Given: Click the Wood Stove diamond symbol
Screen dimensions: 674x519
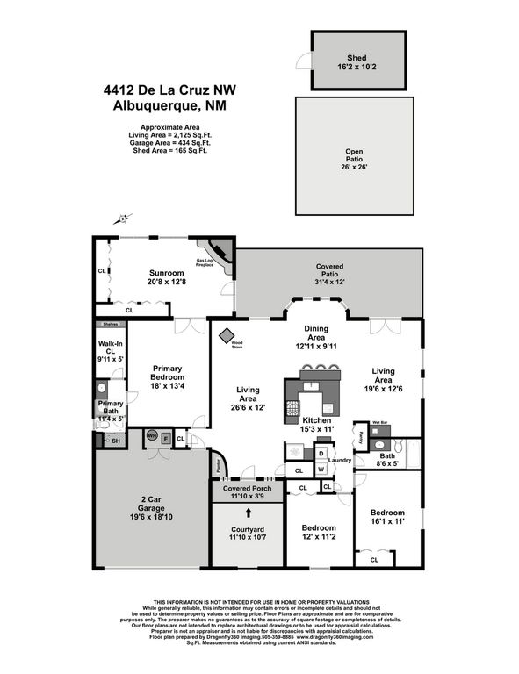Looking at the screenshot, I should (x=227, y=334).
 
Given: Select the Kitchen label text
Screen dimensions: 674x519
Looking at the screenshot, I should (x=319, y=423).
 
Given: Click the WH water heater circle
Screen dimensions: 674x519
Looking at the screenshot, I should (x=151, y=435).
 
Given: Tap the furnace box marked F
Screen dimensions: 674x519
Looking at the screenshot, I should (x=164, y=437).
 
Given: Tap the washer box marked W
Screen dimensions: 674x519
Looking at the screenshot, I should (x=321, y=468).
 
